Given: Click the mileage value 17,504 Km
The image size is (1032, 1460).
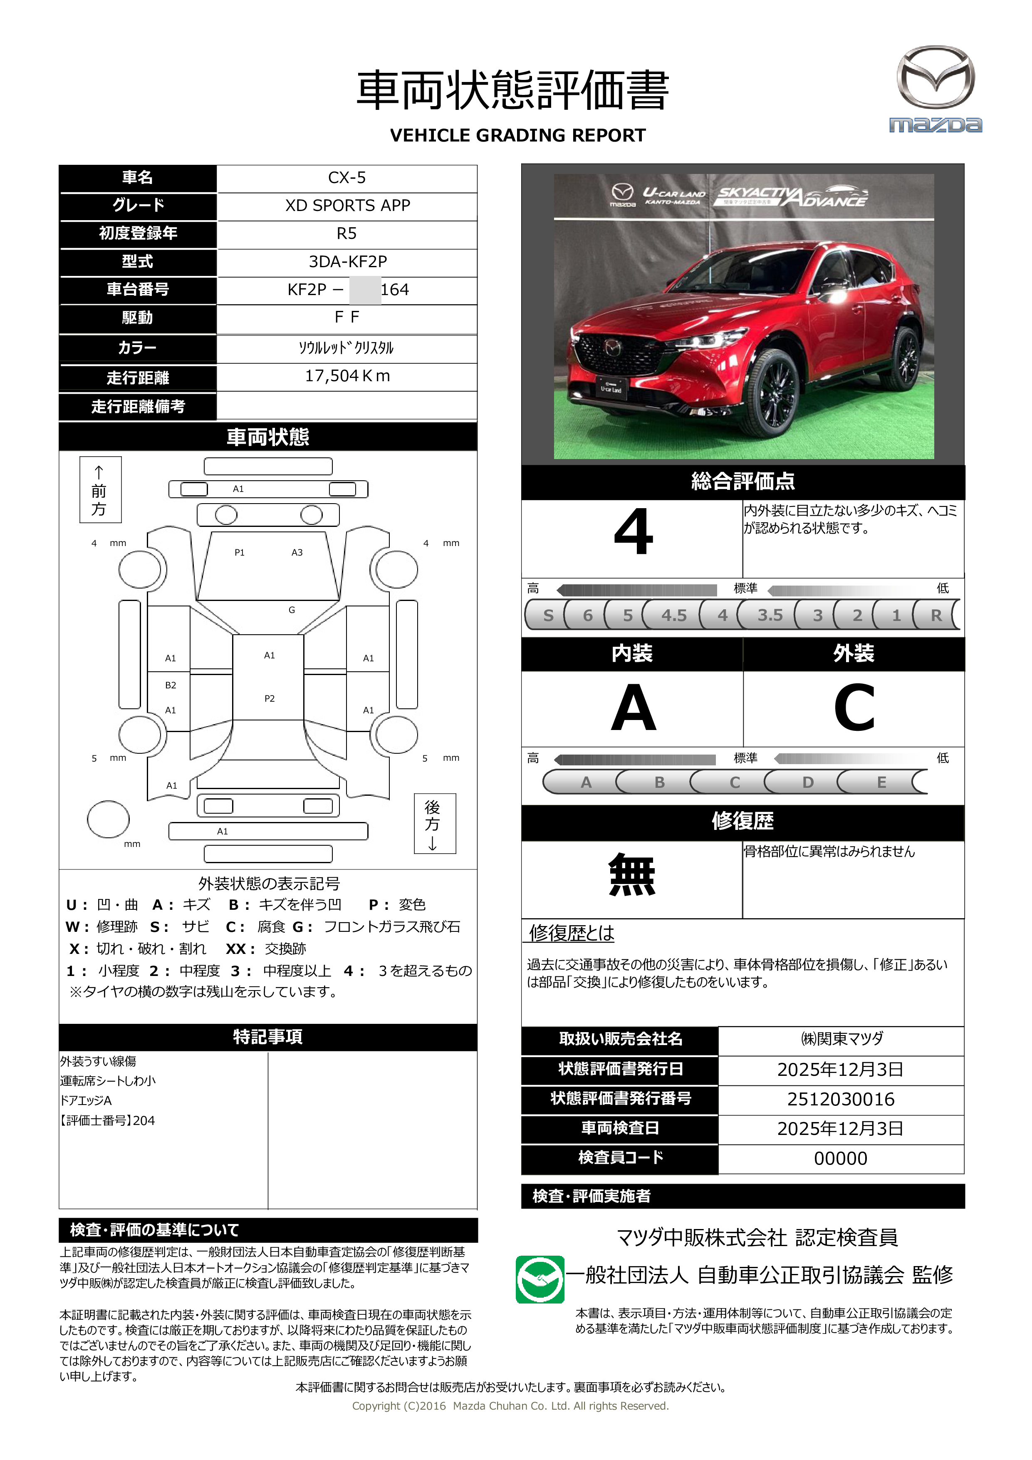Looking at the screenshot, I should tap(347, 376).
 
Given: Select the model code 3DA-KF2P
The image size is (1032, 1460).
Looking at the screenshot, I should tap(347, 261).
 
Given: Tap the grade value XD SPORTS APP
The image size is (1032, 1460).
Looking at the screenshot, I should tap(347, 206).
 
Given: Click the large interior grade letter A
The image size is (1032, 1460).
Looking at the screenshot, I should tap(633, 708).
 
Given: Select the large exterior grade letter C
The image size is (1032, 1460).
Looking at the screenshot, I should tap(854, 708).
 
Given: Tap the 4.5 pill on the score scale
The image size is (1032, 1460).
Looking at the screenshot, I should tap(673, 615).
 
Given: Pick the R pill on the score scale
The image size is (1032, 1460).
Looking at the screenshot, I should tap(935, 615).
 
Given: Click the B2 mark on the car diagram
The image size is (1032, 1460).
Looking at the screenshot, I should tap(170, 685).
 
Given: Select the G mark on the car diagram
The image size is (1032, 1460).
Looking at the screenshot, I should tap(292, 610).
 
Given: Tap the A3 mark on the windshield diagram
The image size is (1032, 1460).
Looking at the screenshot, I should tap(297, 553).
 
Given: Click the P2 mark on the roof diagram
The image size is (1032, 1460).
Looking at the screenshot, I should tap(270, 698).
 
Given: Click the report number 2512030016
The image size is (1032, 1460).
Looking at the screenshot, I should tap(840, 1099).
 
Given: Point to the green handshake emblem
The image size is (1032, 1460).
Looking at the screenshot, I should tap(540, 1279).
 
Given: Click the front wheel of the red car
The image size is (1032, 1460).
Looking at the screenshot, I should tap(770, 393).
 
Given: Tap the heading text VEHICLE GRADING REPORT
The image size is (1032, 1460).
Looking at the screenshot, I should tap(517, 135).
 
